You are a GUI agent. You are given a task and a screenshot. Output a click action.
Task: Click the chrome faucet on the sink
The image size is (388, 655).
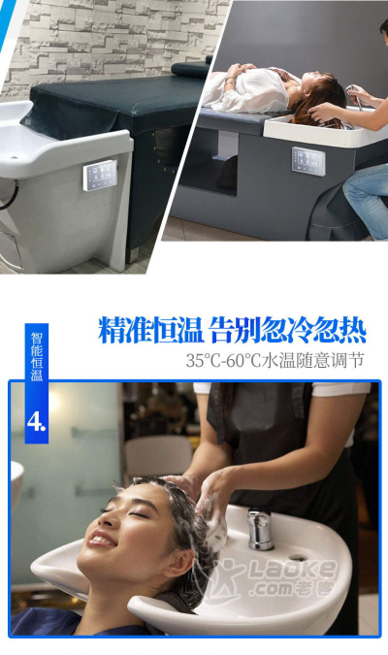[x=260, y=529]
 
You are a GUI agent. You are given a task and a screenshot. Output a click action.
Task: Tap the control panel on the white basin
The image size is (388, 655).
[x=100, y=176]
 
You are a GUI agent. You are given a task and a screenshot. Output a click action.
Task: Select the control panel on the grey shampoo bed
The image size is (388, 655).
[x=308, y=161]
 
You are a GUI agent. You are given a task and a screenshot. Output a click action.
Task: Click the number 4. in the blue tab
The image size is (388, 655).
[x=36, y=422]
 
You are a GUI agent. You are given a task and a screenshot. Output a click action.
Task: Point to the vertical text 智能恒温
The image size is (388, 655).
[x=37, y=356]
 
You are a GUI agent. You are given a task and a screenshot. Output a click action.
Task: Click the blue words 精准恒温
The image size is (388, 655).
[x=150, y=330]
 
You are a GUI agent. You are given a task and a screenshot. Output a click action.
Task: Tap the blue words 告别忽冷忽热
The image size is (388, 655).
[x=288, y=330]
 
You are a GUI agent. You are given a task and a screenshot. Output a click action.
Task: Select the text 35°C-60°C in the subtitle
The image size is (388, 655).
[x=224, y=361]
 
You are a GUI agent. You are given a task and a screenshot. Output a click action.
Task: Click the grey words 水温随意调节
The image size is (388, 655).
[x=313, y=361]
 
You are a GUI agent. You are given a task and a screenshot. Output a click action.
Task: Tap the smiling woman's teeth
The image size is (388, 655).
[x=101, y=539]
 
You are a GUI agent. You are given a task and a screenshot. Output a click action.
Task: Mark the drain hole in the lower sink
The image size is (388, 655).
[x=297, y=558]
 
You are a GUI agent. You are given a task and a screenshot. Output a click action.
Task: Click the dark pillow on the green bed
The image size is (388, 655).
[x=190, y=69]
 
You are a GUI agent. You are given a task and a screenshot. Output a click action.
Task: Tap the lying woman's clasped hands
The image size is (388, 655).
[x=236, y=71]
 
